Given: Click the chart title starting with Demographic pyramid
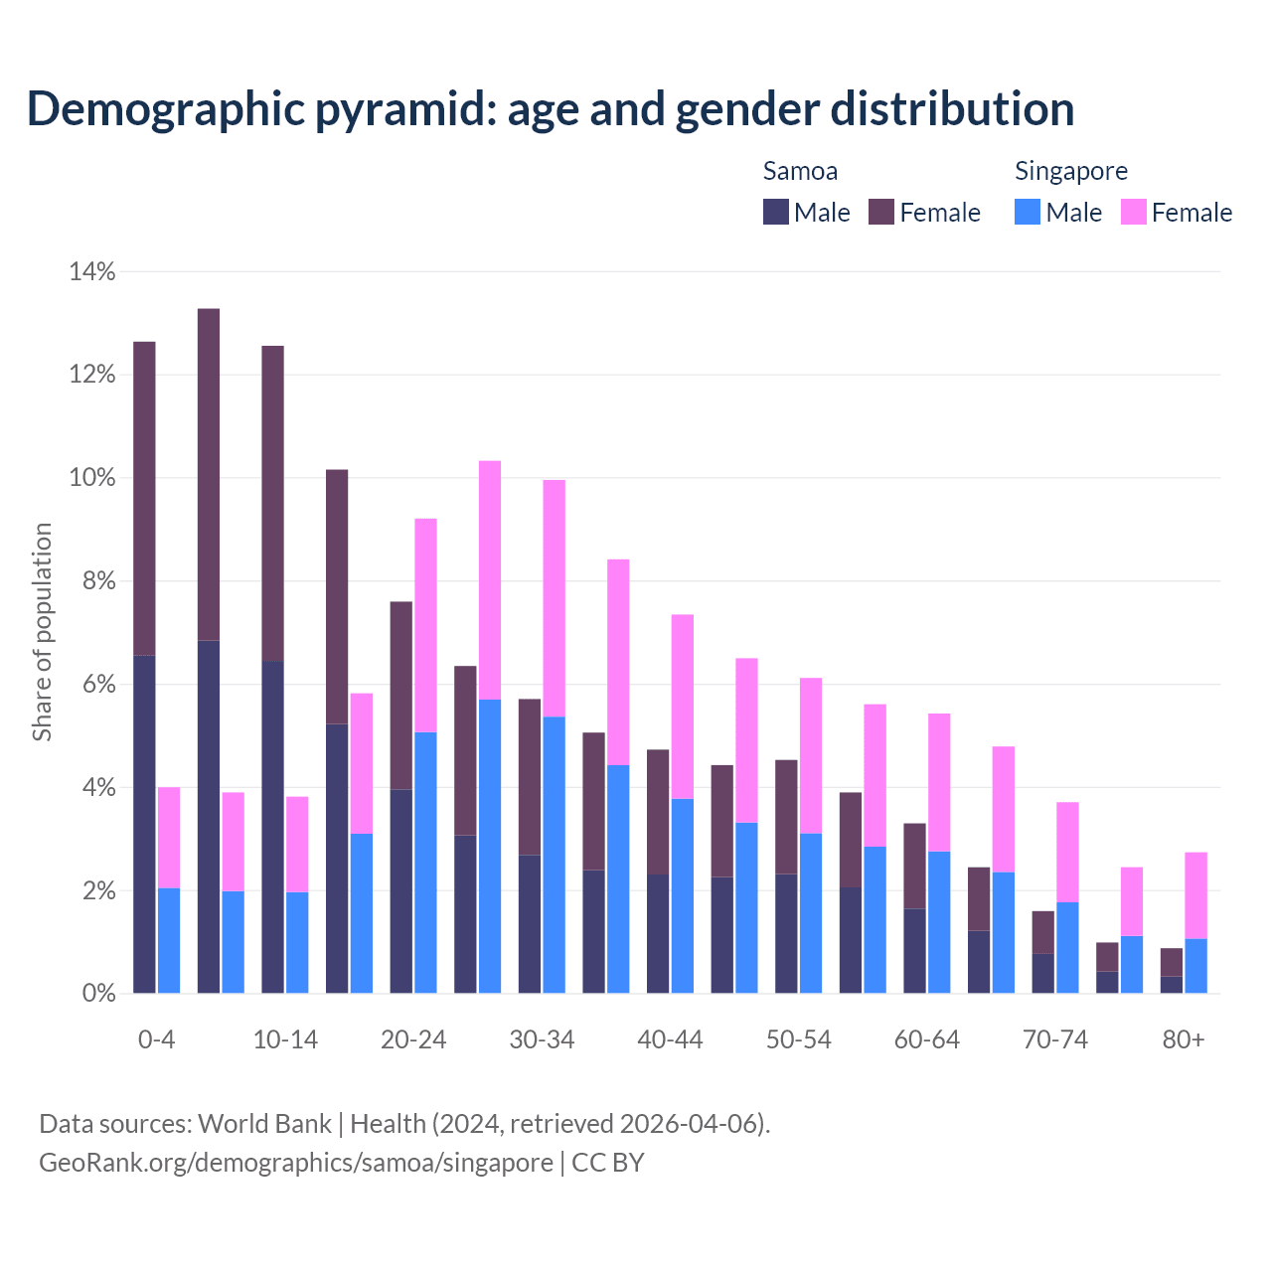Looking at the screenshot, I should pyautogui.click(x=551, y=109).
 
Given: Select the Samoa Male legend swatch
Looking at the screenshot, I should pyautogui.click(x=776, y=212).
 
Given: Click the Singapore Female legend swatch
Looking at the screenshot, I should pyautogui.click(x=1134, y=212).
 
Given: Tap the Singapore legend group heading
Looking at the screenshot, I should pyautogui.click(x=1070, y=171).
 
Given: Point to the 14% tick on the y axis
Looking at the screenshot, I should pyautogui.click(x=92, y=271).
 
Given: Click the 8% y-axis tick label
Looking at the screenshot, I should pyautogui.click(x=92, y=581).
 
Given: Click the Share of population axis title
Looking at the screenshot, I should pyautogui.click(x=42, y=632).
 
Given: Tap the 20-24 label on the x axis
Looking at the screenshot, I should pyautogui.click(x=413, y=1040).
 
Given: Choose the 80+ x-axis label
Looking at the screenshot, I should pyautogui.click(x=1184, y=1040).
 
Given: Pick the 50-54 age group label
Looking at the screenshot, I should pyautogui.click(x=798, y=1040).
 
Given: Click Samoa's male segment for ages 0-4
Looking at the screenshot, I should pyautogui.click(x=144, y=825).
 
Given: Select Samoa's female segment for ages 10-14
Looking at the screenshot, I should pyautogui.click(x=272, y=503).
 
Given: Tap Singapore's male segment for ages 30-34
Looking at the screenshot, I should pyautogui.click(x=555, y=855).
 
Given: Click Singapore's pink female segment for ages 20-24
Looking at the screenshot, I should pyautogui.click(x=425, y=625).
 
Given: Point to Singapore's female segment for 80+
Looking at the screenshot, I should pyautogui.click(x=1195, y=895).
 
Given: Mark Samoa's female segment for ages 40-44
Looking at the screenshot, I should pyautogui.click(x=658, y=812).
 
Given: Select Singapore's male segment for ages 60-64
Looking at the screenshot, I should pyautogui.click(x=939, y=922).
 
